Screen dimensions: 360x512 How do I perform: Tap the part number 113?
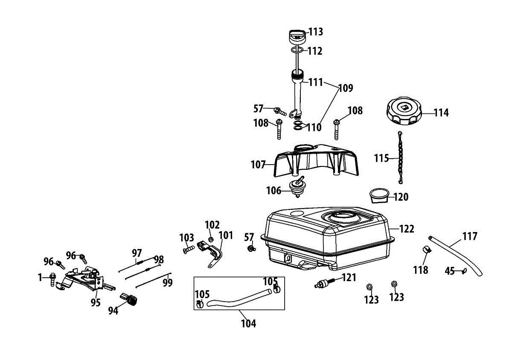click(x=316, y=32)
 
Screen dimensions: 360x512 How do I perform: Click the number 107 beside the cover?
click(x=258, y=165)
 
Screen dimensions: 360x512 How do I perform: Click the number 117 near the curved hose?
click(x=470, y=236)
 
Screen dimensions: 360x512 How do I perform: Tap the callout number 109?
click(x=346, y=88)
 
